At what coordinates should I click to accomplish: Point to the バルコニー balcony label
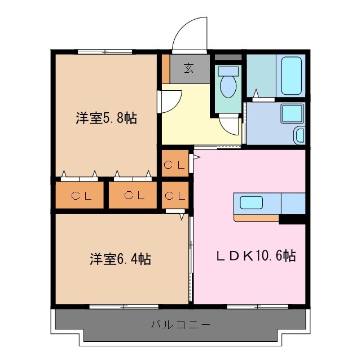pyautogui.click(x=180, y=325)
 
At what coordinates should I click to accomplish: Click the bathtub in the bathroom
pyautogui.click(x=292, y=76)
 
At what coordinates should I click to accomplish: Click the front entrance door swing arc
pyautogui.click(x=189, y=34)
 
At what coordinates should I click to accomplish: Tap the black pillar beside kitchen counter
pyautogui.click(x=292, y=218)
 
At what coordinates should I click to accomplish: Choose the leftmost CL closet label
pyautogui.click(x=79, y=196)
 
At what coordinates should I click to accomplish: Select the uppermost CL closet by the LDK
pyautogui.click(x=175, y=165)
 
